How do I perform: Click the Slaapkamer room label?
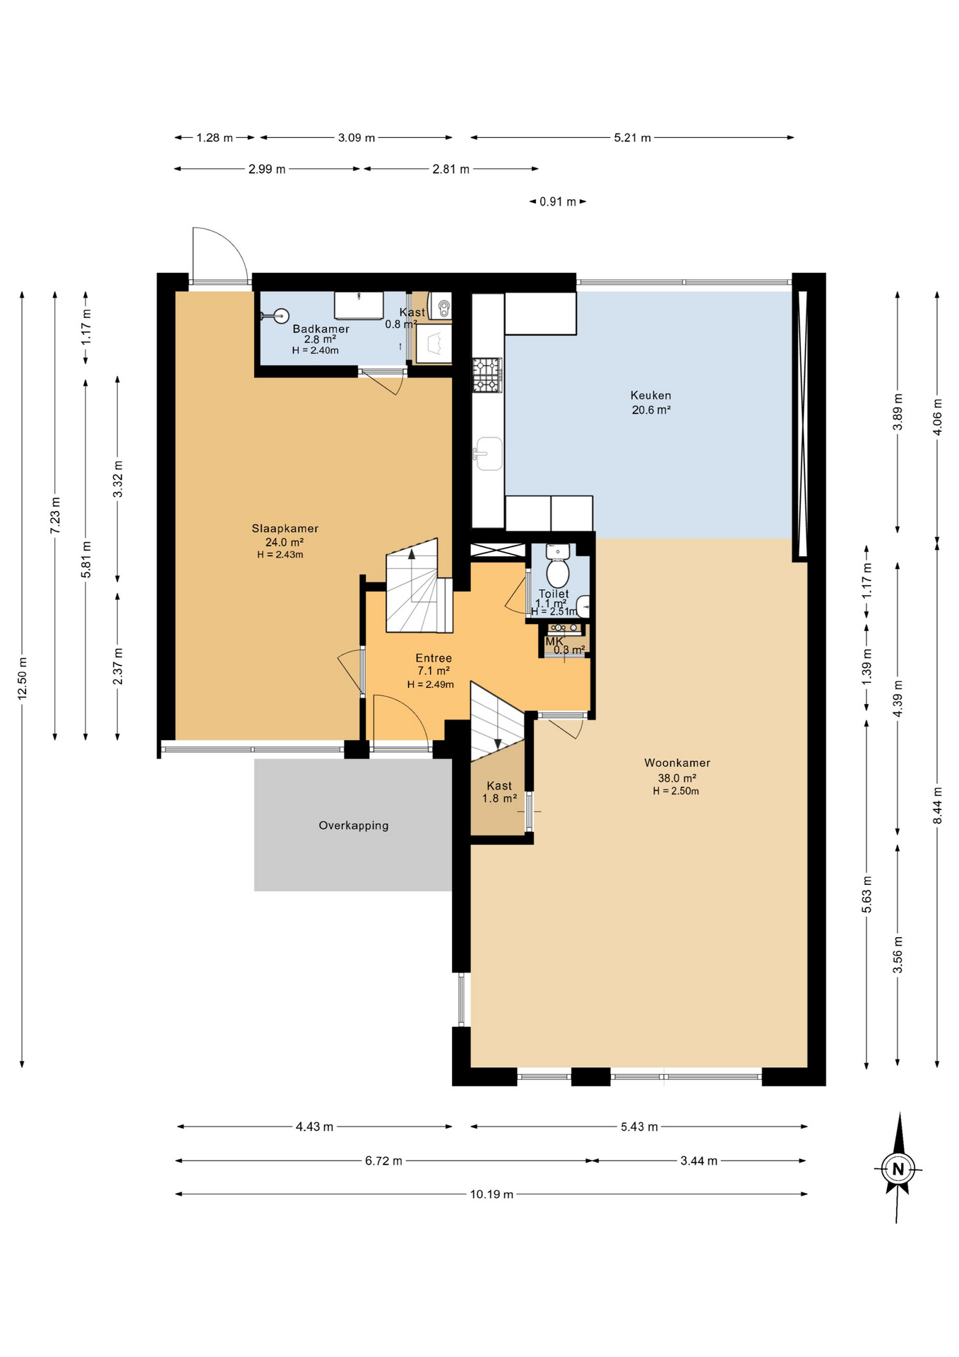pyautogui.click(x=285, y=529)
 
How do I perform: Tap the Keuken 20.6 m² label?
pyautogui.click(x=650, y=402)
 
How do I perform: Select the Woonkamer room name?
pyautogui.click(x=677, y=763)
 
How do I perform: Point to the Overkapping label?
pyautogui.click(x=353, y=826)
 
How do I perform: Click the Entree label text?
pyautogui.click(x=433, y=658)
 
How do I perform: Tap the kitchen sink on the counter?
pyautogui.click(x=488, y=453)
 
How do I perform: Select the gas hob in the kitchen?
pyautogui.click(x=487, y=375)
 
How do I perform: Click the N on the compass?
pyautogui.click(x=898, y=1169)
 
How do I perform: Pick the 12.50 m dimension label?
pyautogui.click(x=23, y=678)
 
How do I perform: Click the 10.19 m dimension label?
pyautogui.click(x=492, y=1194)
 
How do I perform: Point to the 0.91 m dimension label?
pyautogui.click(x=557, y=202)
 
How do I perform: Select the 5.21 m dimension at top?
pyautogui.click(x=632, y=138)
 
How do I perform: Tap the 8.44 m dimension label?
pyautogui.click(x=937, y=806)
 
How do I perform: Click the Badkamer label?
pyautogui.click(x=321, y=329)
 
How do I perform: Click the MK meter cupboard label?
pyautogui.click(x=554, y=642)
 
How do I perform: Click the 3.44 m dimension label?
pyautogui.click(x=698, y=1161)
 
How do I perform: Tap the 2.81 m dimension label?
pyautogui.click(x=451, y=170)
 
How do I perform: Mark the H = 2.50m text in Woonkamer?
pyautogui.click(x=676, y=792)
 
